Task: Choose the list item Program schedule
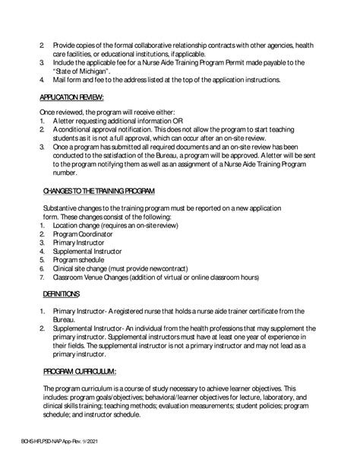point(80,259)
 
